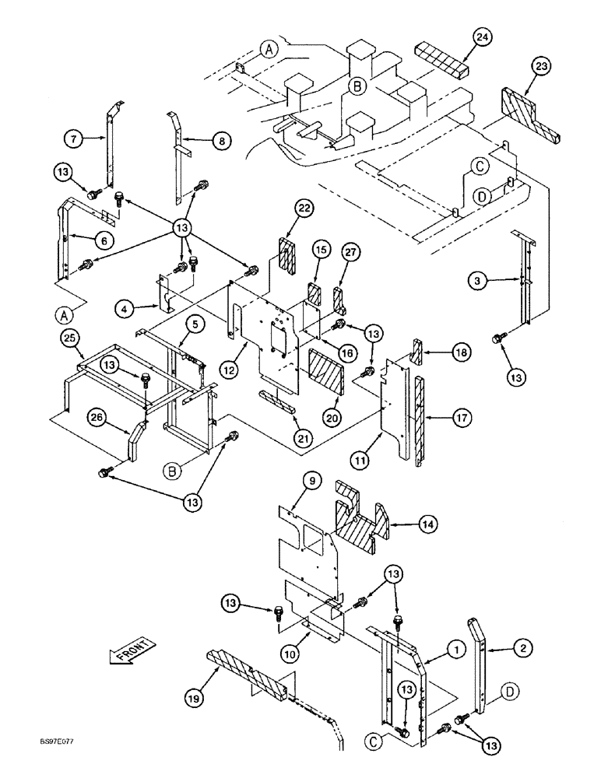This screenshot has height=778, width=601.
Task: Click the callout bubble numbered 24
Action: click(x=483, y=37)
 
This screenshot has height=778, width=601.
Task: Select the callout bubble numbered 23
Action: click(x=542, y=68)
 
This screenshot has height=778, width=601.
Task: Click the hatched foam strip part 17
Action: click(x=420, y=420)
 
